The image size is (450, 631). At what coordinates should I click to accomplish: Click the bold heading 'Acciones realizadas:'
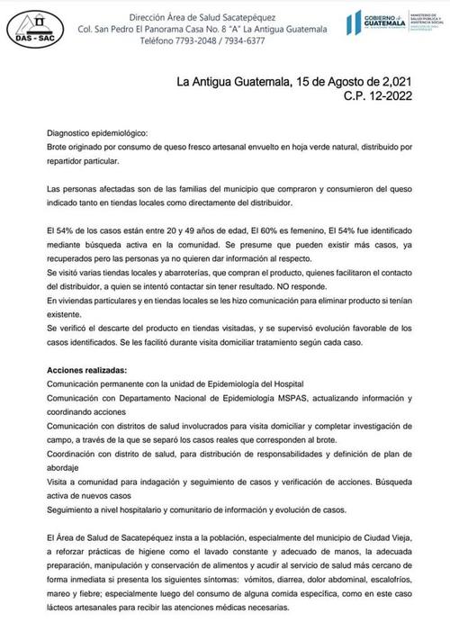[x=86, y=371]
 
